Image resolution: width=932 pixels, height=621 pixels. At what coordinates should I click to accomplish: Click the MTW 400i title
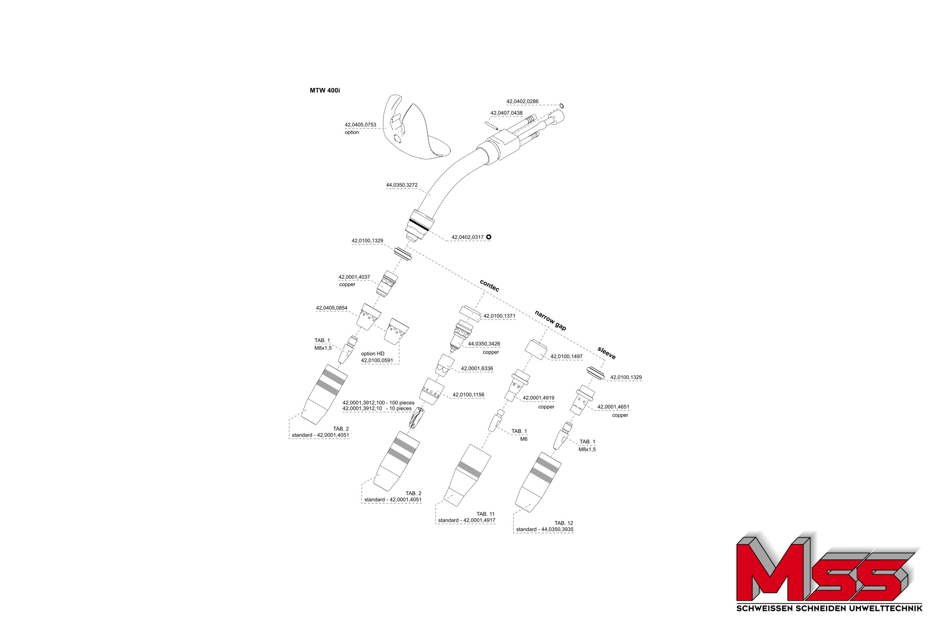(x=324, y=90)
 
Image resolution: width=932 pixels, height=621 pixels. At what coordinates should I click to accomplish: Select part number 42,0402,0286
(x=522, y=101)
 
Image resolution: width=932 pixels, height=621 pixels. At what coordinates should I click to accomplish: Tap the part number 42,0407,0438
(x=506, y=113)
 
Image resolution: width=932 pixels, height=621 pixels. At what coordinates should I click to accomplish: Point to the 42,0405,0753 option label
(x=360, y=128)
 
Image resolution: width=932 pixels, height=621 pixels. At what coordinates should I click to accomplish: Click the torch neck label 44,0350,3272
(x=402, y=185)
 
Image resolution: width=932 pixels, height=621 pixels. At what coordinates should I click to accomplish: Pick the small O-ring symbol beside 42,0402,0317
(x=488, y=237)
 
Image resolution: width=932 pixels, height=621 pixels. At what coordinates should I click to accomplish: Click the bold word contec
(x=489, y=286)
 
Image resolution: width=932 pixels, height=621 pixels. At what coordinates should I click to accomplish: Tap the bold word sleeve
(x=606, y=353)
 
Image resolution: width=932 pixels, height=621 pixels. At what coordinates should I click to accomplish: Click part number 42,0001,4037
(x=354, y=277)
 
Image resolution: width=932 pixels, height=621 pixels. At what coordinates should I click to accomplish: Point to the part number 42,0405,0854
(x=332, y=308)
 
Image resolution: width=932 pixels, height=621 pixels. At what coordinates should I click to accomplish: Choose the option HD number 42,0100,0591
(x=377, y=361)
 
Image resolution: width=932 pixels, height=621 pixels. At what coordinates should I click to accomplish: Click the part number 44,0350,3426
(x=484, y=344)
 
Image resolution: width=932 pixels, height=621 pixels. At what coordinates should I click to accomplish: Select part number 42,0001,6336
(x=477, y=368)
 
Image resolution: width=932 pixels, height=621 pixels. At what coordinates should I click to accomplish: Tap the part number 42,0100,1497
(x=566, y=356)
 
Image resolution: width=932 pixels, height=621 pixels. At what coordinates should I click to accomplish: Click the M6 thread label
(x=523, y=439)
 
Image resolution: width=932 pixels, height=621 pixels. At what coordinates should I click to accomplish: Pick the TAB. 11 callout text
(x=485, y=514)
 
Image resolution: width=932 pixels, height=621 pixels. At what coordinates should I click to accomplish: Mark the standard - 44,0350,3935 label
(x=544, y=529)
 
